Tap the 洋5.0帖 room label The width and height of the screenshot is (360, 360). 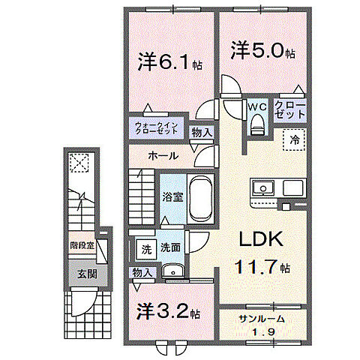[262, 53]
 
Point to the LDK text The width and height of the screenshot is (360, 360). [260, 239]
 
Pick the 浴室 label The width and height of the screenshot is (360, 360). [173, 197]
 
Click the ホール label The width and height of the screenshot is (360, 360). [163, 156]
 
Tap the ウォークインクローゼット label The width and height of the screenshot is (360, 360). [157, 127]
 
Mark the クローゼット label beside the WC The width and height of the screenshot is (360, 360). [289, 109]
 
